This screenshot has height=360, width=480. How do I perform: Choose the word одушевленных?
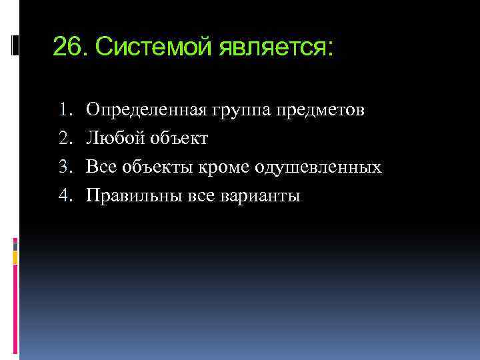[x=317, y=167]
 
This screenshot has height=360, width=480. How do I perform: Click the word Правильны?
[x=130, y=196]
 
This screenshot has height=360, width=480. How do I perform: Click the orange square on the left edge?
[x=15, y=255]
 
